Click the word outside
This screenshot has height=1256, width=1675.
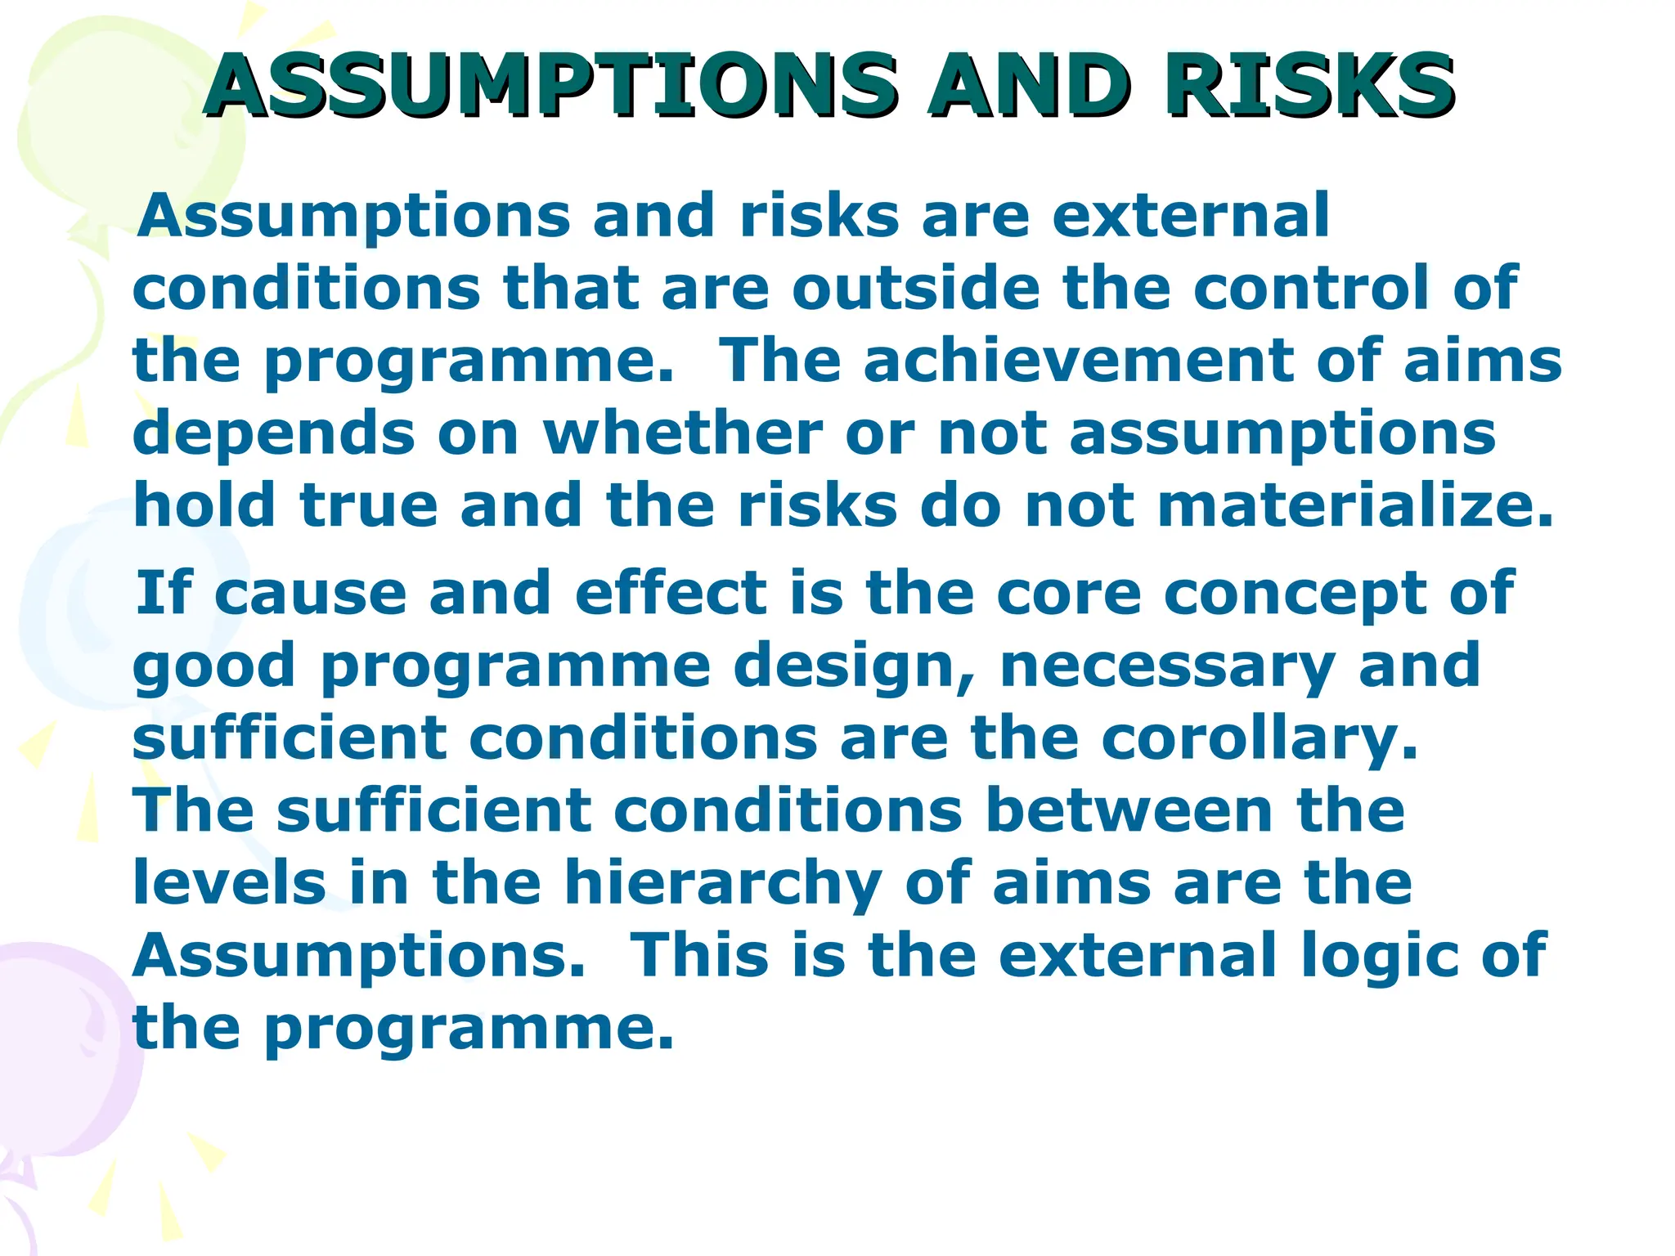916,288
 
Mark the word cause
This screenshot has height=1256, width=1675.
311,594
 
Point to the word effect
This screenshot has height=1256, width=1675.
671,593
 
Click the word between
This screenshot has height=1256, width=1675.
1129,810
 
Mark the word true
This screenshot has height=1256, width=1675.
369,505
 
